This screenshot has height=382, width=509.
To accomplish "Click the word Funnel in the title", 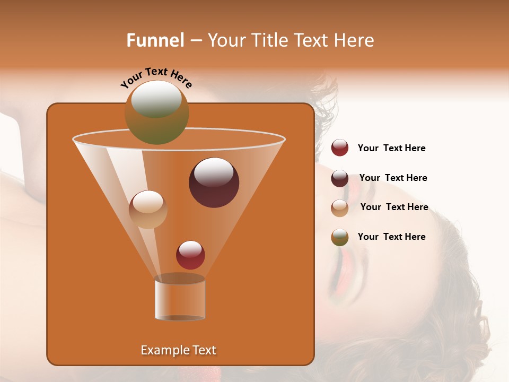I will (x=155, y=40).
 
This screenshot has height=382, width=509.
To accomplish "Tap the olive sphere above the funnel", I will (x=156, y=112).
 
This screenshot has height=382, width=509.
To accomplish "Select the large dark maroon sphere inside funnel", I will (x=214, y=183).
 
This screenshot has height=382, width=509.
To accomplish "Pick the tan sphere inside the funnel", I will (x=148, y=210).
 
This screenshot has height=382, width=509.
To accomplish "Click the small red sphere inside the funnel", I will (x=190, y=255).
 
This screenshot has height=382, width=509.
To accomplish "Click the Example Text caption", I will (x=178, y=350).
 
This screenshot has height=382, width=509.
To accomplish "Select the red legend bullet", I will (x=340, y=148).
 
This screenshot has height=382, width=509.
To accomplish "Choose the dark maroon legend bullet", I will (x=340, y=178).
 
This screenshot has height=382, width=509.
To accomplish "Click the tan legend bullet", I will (x=340, y=208).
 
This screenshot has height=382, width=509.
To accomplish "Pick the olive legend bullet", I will (x=340, y=237).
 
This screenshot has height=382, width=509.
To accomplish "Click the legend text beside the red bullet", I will (x=391, y=148).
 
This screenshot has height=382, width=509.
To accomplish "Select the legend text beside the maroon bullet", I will (x=393, y=178).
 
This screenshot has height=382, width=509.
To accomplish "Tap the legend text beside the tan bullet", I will (x=394, y=207).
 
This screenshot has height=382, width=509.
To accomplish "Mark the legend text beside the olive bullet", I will (x=391, y=237).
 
